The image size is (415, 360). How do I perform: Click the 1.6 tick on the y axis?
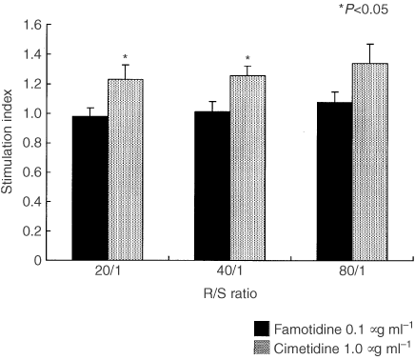point(32,25)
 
